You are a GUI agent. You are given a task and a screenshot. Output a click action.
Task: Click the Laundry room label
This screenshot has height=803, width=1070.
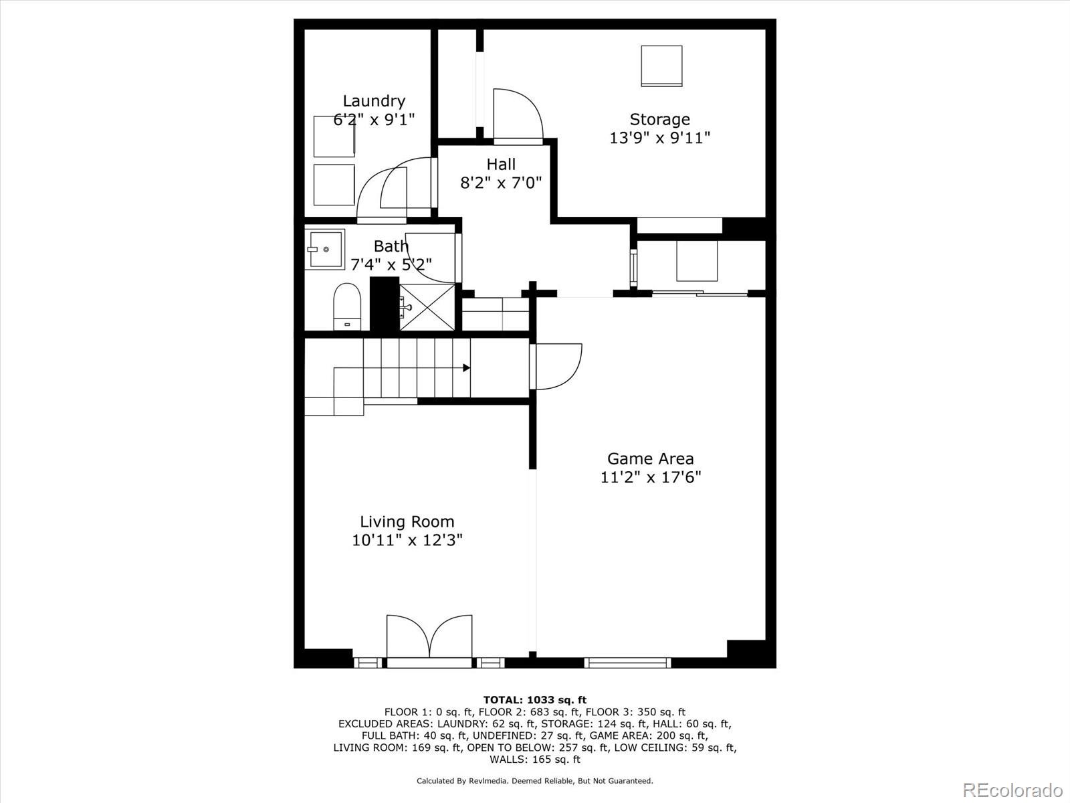[x=374, y=101]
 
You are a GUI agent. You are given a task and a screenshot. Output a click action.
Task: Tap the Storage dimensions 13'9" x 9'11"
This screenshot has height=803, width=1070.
[x=659, y=138]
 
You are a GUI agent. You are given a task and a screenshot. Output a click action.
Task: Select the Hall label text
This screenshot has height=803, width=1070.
[x=501, y=164]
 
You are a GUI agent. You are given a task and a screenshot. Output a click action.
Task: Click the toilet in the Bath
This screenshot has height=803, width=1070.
[x=347, y=306]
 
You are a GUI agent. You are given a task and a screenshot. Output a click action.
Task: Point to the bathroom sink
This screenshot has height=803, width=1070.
[x=324, y=249]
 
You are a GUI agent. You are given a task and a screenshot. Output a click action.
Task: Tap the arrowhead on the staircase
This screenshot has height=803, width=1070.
[x=466, y=368]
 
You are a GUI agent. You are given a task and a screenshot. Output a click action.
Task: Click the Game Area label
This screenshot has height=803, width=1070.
[x=650, y=458]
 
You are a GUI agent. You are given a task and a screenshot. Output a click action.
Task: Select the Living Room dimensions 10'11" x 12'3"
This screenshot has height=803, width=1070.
[x=407, y=540]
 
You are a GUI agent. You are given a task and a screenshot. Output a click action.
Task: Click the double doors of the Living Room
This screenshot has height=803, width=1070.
[x=429, y=639]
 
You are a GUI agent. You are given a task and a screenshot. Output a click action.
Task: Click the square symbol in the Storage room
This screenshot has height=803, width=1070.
[x=661, y=66]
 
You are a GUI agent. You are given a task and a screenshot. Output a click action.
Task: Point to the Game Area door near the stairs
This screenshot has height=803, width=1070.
[x=557, y=366]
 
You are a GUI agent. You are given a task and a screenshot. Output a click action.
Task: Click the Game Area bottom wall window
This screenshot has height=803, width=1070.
[x=627, y=662]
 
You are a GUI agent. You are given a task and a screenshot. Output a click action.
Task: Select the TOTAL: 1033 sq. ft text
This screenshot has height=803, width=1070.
[x=534, y=700]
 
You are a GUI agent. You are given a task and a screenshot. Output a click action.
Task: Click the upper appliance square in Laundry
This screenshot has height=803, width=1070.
[x=334, y=137]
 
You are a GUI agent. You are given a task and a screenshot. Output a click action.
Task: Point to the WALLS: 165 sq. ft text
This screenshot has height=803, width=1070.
[x=534, y=759]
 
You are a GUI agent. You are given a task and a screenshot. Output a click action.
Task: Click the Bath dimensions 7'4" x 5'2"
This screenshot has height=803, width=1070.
[x=391, y=264]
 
